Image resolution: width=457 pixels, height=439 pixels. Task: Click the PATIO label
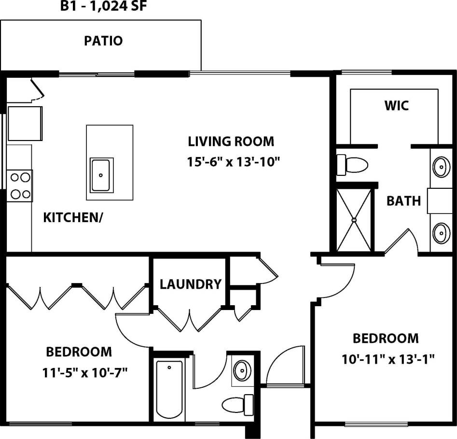103,41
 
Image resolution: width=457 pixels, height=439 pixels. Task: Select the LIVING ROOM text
231,142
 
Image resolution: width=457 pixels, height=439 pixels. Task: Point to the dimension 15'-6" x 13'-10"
234,162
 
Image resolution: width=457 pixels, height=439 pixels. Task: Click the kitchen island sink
101,174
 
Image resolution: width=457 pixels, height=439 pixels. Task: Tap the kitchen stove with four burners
19,186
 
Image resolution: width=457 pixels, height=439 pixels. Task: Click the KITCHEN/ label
73,217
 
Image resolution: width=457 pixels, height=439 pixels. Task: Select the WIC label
396,105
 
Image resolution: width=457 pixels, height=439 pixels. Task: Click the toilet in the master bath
352,165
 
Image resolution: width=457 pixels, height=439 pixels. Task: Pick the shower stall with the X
355,220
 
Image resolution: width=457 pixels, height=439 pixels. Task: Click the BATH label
403,200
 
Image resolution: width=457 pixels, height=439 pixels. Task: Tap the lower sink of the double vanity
441,233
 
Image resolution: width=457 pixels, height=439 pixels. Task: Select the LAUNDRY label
190,284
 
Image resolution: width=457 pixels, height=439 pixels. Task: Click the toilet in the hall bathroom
238,402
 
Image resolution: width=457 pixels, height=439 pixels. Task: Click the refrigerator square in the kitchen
24,123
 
